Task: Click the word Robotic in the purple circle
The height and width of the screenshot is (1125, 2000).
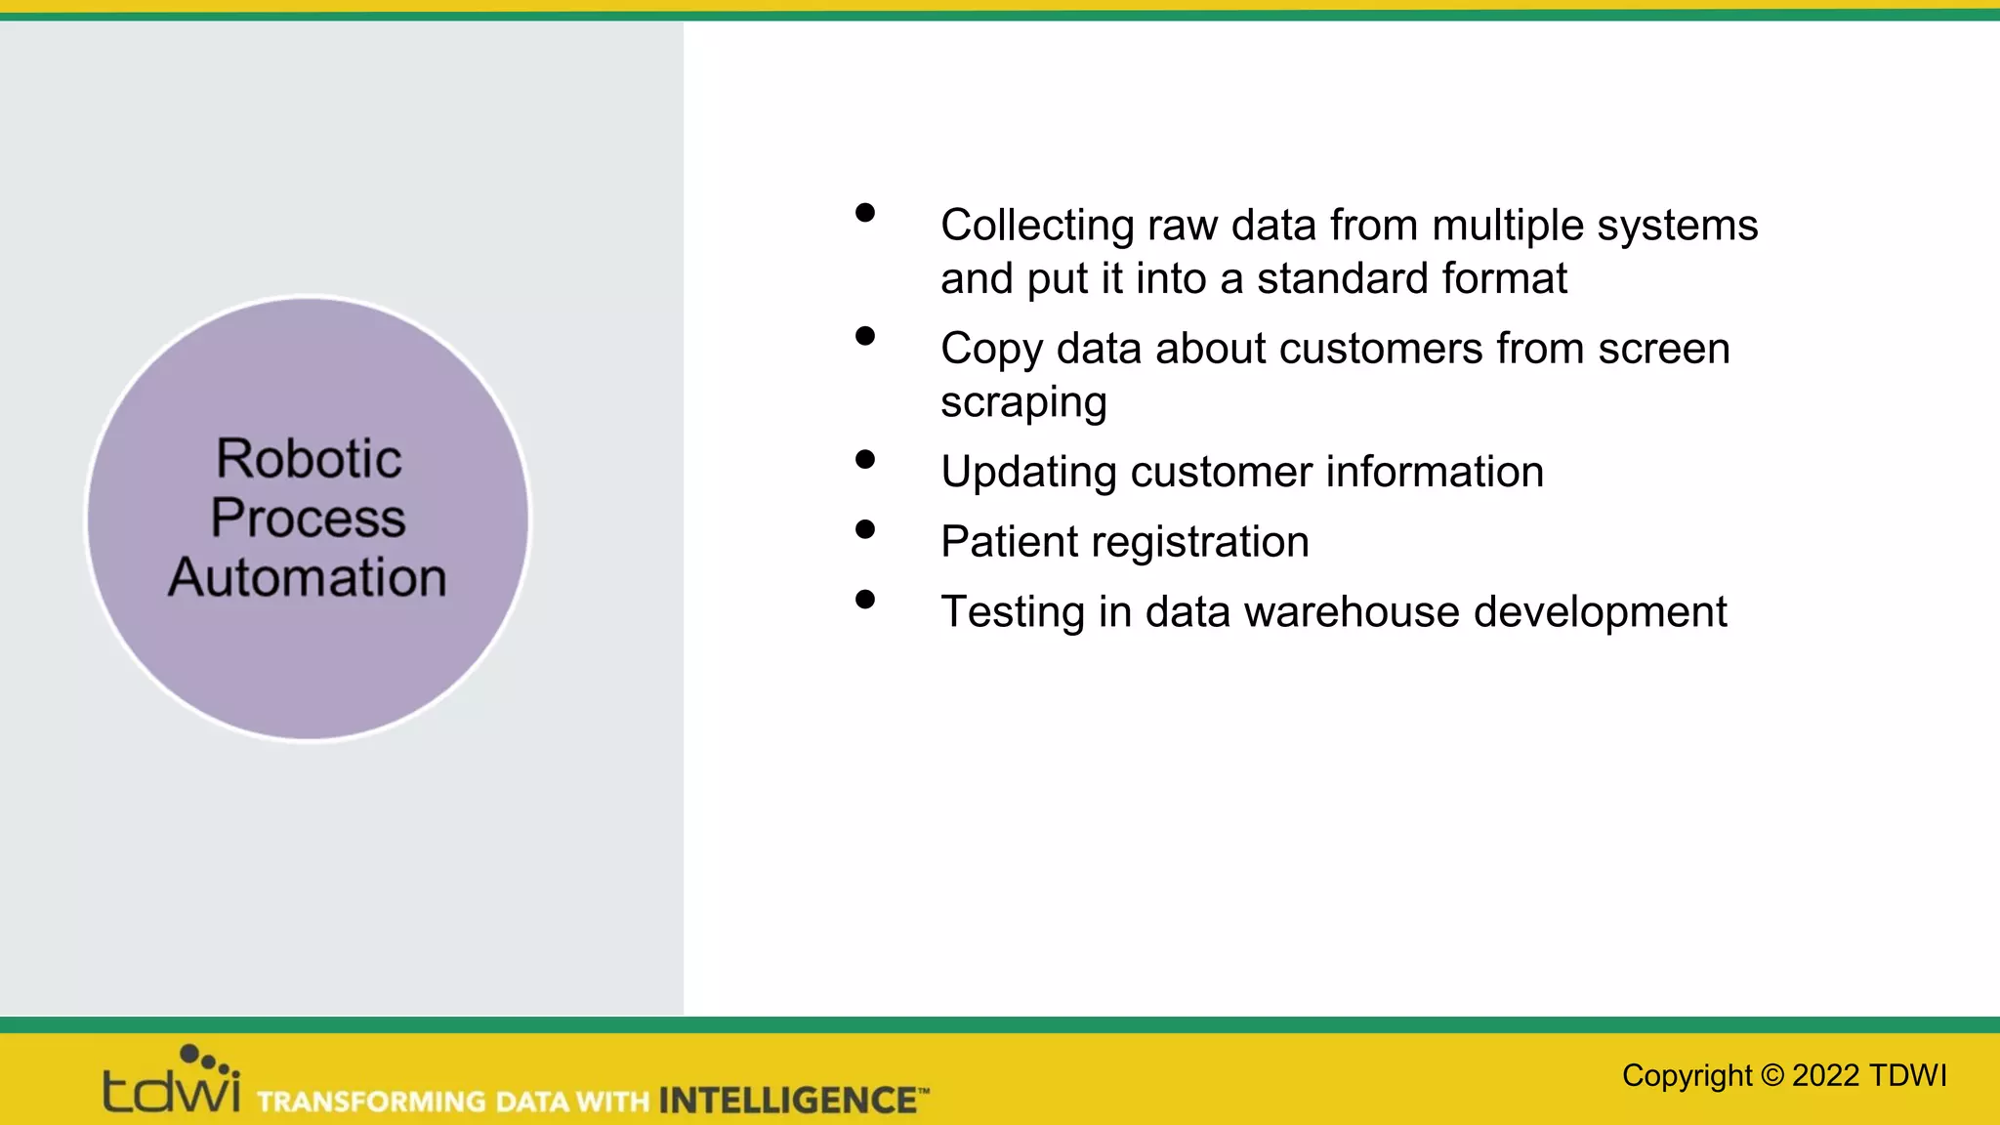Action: [x=309, y=459]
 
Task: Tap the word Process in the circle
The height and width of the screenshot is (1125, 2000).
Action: [x=308, y=518]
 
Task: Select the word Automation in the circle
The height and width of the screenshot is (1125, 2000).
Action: [x=308, y=577]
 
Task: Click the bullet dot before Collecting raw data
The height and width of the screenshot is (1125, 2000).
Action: [x=864, y=213]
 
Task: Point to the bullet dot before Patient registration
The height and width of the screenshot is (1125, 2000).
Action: [x=864, y=529]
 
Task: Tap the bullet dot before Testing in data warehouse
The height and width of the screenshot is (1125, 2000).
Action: [x=864, y=600]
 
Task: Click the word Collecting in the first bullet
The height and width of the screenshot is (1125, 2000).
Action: [x=1037, y=226]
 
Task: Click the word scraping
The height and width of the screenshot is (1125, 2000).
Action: [x=1022, y=403]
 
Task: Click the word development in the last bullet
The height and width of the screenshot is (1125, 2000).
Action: [x=1600, y=613]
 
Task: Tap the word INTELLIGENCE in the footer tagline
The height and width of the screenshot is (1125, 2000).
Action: [x=787, y=1101]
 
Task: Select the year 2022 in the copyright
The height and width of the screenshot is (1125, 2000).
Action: [x=1825, y=1075]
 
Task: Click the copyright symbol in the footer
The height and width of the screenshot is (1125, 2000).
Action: [x=1771, y=1076]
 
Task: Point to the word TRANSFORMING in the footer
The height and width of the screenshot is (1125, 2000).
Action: [x=371, y=1102]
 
